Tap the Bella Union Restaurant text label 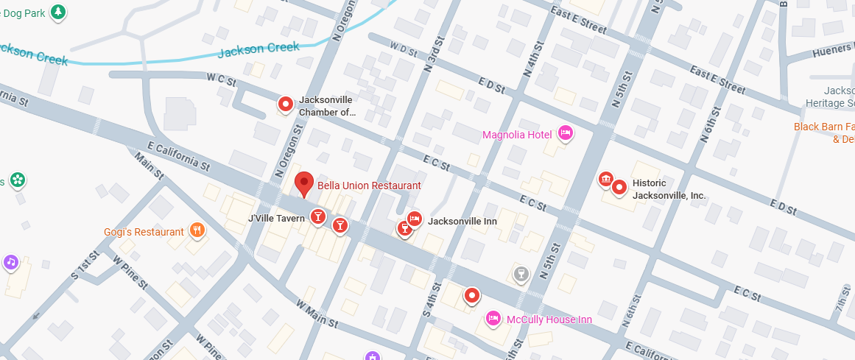(369, 186)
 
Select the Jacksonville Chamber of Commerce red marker (286, 105)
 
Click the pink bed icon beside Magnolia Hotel (565, 133)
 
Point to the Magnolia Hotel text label (517, 135)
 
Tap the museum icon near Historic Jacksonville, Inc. (605, 180)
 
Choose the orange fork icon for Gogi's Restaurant (197, 230)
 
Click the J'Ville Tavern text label (276, 218)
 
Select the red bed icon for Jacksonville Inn (415, 219)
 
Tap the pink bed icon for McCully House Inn (493, 318)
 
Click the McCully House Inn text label (549, 320)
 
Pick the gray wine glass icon (521, 275)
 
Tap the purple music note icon (10, 261)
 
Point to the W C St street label (220, 77)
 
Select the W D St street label (404, 49)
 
